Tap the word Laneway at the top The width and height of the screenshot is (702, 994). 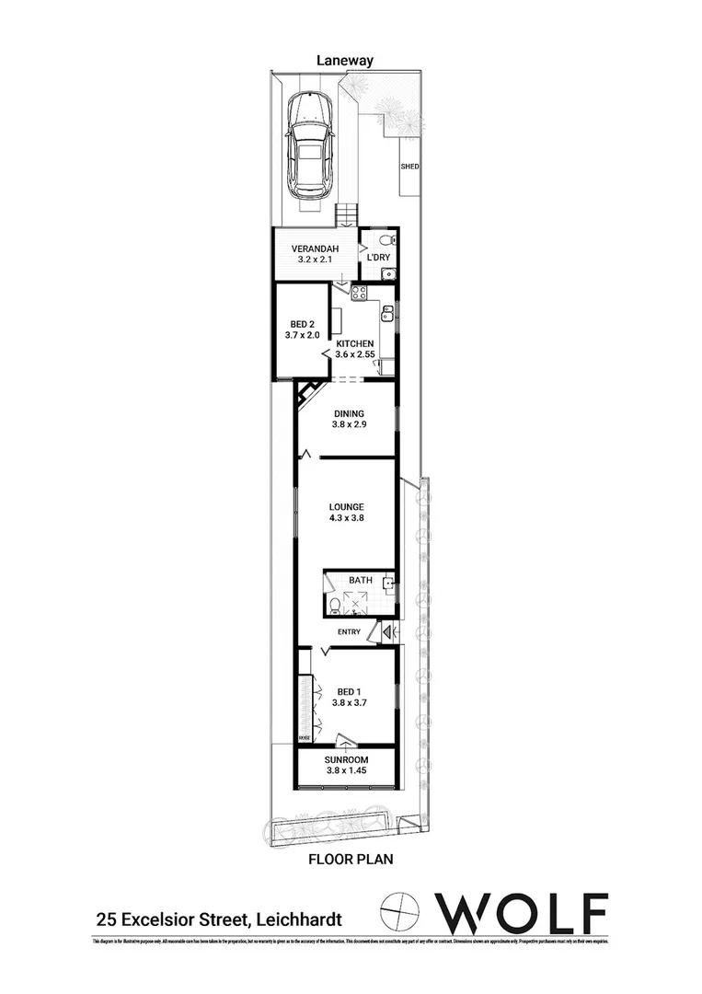click(x=345, y=60)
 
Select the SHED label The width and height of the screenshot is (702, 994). click(x=409, y=167)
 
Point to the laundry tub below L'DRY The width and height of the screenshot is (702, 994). click(x=389, y=272)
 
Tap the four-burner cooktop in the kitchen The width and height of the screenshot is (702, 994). click(x=358, y=294)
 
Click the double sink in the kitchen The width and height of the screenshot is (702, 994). click(x=388, y=316)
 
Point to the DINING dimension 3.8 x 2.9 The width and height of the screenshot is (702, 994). click(x=350, y=424)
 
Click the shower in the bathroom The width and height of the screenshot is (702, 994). click(x=356, y=603)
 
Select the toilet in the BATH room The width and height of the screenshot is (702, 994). click(x=333, y=606)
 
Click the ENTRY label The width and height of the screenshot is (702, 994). click(x=350, y=632)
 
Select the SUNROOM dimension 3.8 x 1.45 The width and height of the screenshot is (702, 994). click(x=347, y=770)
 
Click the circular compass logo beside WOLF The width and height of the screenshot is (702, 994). click(x=402, y=913)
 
